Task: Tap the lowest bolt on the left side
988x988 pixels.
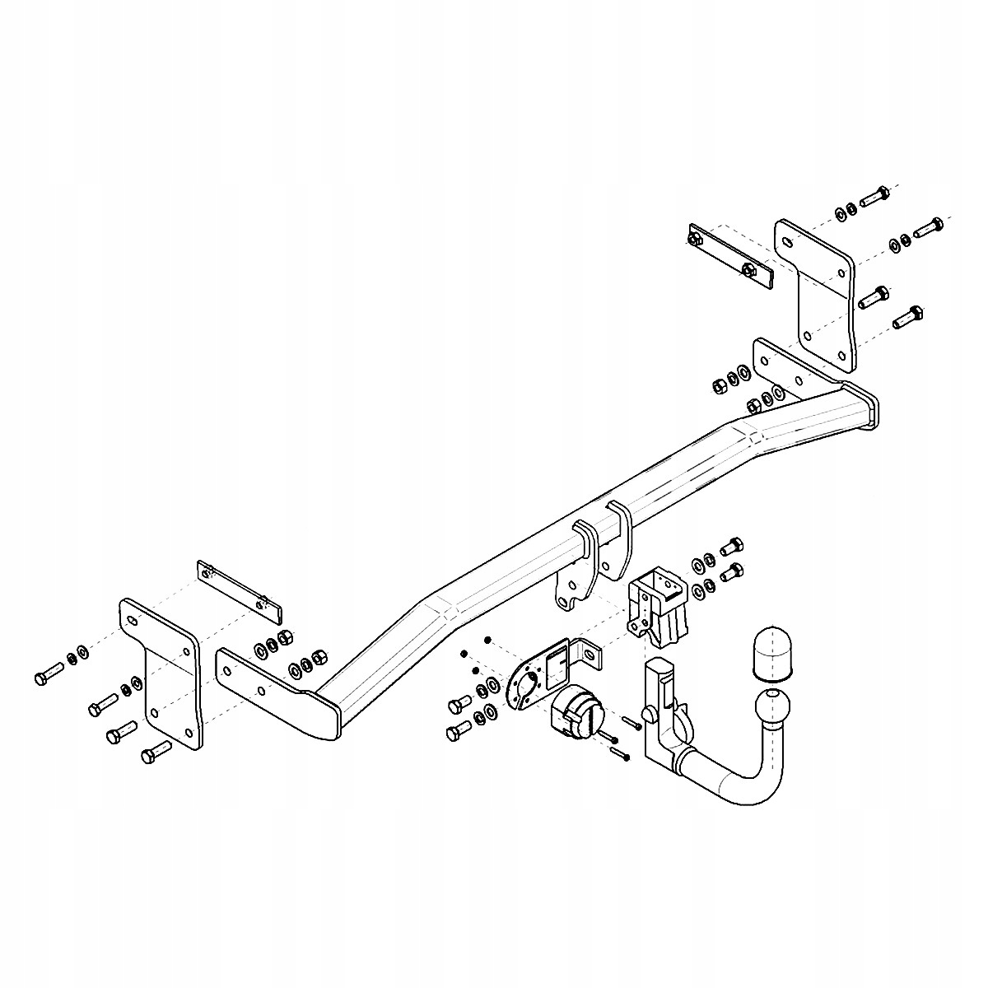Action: click(x=156, y=750)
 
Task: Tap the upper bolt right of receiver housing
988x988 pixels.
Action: click(x=731, y=545)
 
